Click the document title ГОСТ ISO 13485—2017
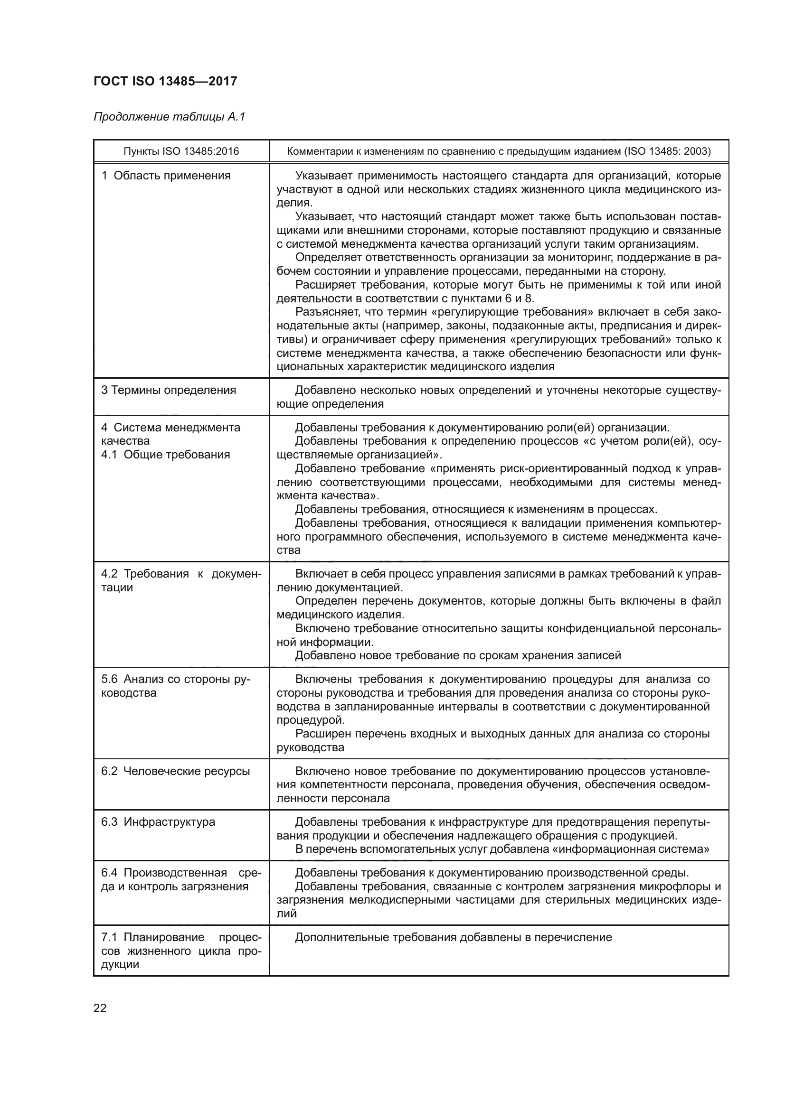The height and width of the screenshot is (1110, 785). (x=165, y=81)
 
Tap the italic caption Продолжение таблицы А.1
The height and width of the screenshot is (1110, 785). (x=169, y=117)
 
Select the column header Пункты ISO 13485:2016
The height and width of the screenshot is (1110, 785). (x=181, y=151)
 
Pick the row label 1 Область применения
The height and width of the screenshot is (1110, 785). (x=165, y=176)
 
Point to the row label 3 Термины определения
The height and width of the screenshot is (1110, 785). (x=168, y=390)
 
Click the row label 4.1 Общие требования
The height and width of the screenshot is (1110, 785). (x=165, y=455)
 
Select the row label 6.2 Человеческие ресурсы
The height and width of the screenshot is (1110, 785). (x=175, y=771)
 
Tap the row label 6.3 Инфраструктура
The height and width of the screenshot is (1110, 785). (x=158, y=822)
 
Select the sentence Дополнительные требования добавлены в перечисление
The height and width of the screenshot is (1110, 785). (x=453, y=937)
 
